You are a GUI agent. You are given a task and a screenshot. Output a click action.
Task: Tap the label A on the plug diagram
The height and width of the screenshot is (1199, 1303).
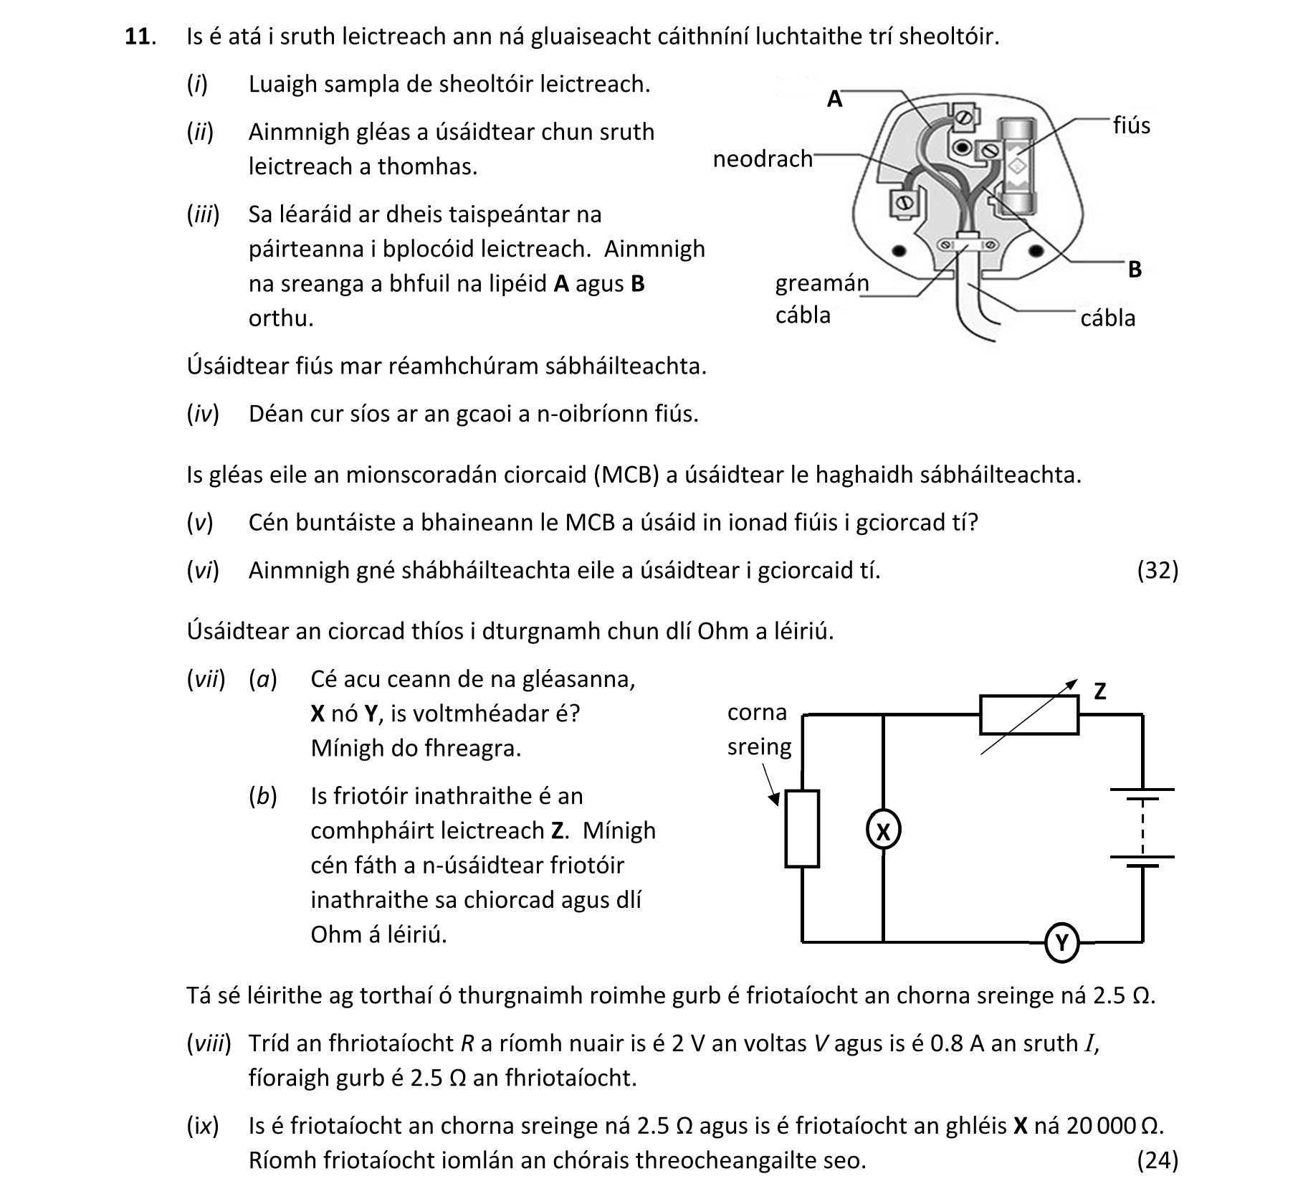(834, 99)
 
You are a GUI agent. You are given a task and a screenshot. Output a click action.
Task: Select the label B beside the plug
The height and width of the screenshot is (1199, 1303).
(1135, 270)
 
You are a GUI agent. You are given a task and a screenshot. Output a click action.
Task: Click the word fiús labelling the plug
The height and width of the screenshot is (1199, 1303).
(1131, 125)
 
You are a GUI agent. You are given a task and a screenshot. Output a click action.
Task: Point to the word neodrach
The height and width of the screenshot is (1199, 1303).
(763, 158)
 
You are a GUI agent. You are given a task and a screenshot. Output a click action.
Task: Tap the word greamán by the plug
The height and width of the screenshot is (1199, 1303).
(821, 284)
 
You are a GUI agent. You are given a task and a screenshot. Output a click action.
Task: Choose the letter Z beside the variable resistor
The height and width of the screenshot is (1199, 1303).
(1100, 691)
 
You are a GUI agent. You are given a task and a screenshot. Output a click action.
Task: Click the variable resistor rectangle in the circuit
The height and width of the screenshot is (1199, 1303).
(1028, 715)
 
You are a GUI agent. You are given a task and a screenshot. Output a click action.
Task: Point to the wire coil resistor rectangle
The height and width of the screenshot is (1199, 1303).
(802, 829)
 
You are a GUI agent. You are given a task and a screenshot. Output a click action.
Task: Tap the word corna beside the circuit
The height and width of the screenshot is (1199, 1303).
(757, 712)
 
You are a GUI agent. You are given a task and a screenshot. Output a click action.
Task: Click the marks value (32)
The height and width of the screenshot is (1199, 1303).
(1158, 570)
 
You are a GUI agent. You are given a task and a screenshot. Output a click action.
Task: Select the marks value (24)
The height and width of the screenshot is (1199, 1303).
(1158, 1160)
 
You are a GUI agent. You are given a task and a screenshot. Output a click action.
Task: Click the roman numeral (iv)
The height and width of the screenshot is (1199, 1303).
(203, 414)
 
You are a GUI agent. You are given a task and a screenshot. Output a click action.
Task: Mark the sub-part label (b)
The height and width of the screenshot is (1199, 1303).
(263, 796)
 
